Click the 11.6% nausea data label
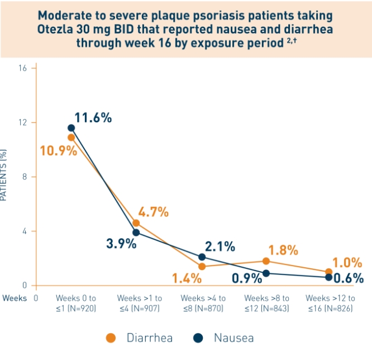pos(93,118)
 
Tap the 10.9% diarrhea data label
pos(58,150)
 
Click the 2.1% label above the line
pos(220,247)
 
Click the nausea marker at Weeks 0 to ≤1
pos(71,128)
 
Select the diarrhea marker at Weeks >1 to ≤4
pos(136,223)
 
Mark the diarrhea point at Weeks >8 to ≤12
pos(266,261)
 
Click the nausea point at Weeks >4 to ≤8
pos(202,257)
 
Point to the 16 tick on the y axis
pos(22,68)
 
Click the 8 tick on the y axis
pos(24,177)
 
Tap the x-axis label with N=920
pos(75,303)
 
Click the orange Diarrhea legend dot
pos(111,338)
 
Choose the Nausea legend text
pos(233,338)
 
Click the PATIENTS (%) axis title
pos(4,175)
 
